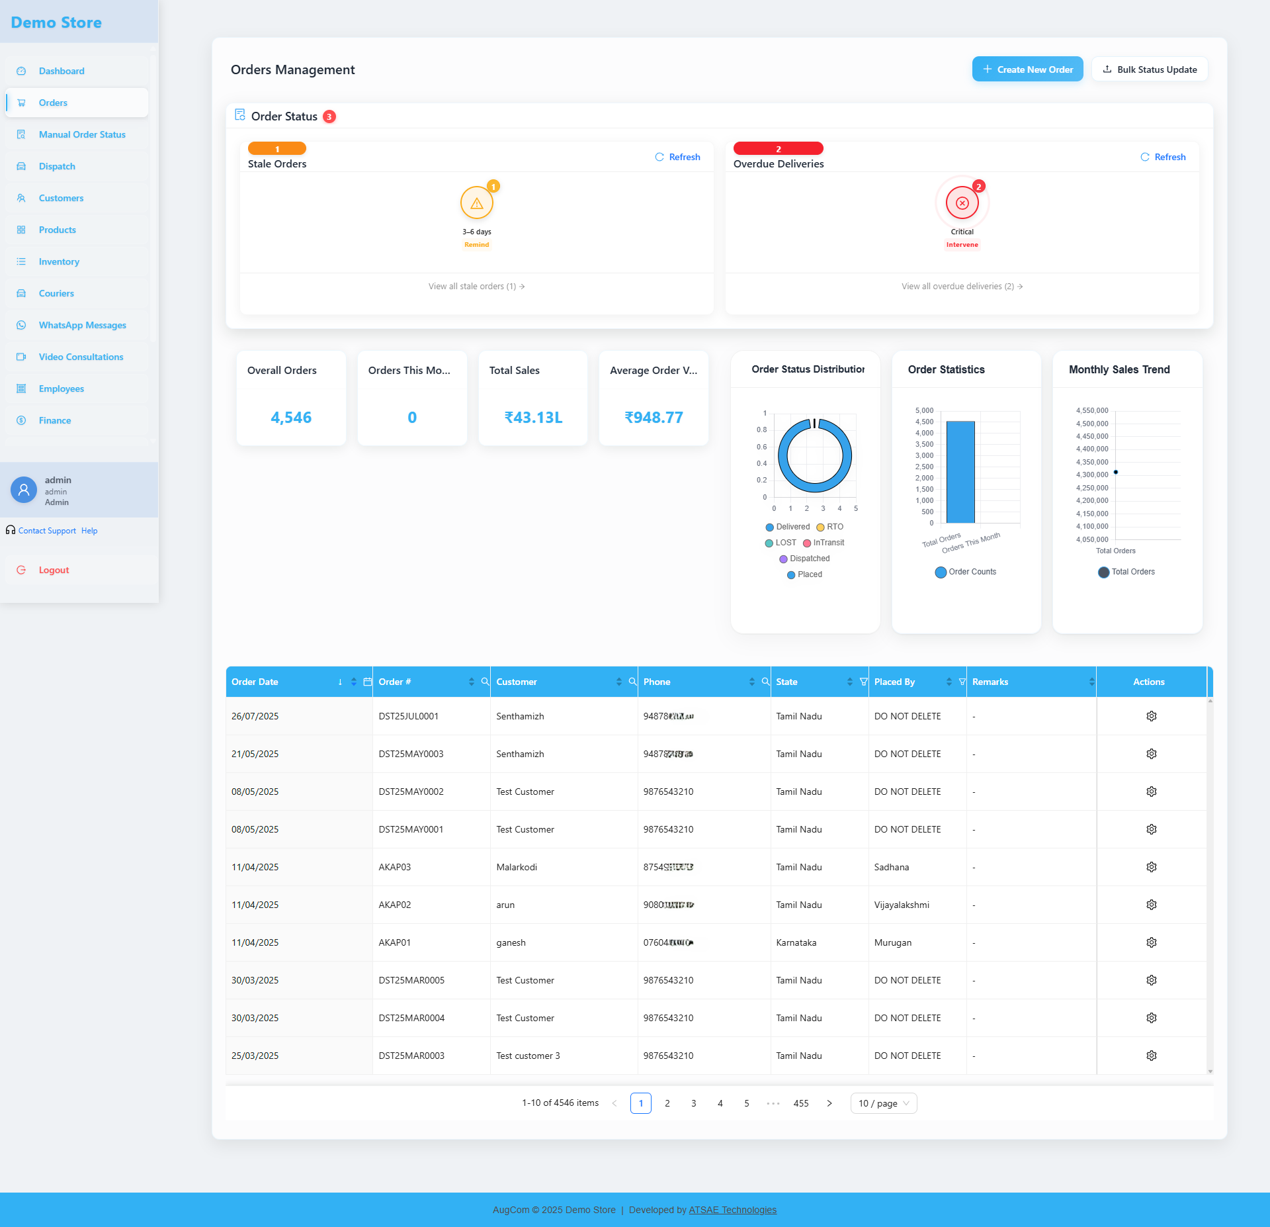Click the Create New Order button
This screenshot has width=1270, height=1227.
pyautogui.click(x=1027, y=69)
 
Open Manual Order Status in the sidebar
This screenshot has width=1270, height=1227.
pyautogui.click(x=82, y=134)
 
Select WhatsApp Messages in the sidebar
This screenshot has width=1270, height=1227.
pyautogui.click(x=82, y=325)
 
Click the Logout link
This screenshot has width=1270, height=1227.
pyautogui.click(x=54, y=570)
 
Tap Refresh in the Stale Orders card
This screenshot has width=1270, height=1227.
pyautogui.click(x=677, y=157)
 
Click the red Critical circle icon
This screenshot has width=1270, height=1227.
pyautogui.click(x=962, y=203)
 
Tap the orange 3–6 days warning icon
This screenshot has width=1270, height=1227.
pyautogui.click(x=476, y=203)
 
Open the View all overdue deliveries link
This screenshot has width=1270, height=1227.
pyautogui.click(x=961, y=287)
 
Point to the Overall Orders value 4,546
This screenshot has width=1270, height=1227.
pyautogui.click(x=291, y=418)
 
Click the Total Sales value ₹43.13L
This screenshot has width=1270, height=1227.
pyautogui.click(x=533, y=418)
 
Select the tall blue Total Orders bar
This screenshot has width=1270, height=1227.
pyautogui.click(x=960, y=472)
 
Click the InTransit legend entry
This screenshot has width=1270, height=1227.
pyautogui.click(x=824, y=543)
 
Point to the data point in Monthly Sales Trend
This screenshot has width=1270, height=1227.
pyautogui.click(x=1116, y=472)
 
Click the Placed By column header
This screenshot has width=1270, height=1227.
pyautogui.click(x=894, y=682)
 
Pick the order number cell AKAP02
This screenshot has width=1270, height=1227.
pyautogui.click(x=395, y=905)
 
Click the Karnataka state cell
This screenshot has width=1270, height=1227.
pyautogui.click(x=796, y=942)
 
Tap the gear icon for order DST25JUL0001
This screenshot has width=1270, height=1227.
pyautogui.click(x=1152, y=716)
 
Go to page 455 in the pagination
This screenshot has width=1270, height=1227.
pyautogui.click(x=801, y=1103)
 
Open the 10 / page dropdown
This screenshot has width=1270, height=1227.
pyautogui.click(x=884, y=1103)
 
